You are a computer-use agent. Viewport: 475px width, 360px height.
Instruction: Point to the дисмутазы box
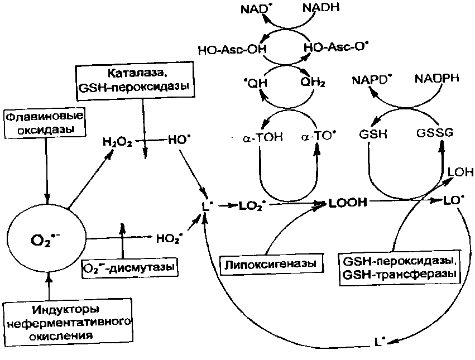129,267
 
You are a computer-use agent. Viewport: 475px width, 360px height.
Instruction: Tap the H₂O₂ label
117,142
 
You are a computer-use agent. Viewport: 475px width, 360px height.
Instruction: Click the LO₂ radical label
252,205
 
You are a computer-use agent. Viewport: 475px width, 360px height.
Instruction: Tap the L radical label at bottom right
381,340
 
